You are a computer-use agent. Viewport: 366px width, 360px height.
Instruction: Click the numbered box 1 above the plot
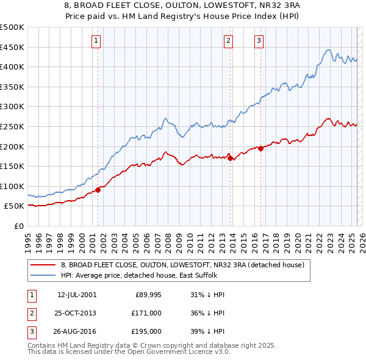[97, 41]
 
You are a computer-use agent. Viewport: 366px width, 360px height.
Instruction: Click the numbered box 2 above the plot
[228, 41]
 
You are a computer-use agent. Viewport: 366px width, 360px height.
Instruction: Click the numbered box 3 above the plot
[259, 41]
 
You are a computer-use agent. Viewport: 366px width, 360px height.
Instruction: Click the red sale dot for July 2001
[98, 190]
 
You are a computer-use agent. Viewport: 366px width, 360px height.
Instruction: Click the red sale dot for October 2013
[230, 158]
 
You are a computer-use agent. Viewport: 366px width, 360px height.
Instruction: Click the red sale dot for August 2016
[260, 148]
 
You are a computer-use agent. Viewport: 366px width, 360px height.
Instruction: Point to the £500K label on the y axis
[12, 27]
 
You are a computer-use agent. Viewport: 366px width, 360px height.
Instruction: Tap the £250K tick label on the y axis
[12, 126]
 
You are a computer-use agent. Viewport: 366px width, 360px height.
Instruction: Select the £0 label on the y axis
[18, 226]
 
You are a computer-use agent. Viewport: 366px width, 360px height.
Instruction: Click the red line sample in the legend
[42, 265]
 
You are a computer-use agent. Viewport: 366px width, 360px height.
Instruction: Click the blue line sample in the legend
[42, 275]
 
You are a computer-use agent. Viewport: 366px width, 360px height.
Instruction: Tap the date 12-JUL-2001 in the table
[76, 295]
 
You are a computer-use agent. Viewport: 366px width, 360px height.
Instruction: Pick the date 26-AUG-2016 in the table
[77, 331]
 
